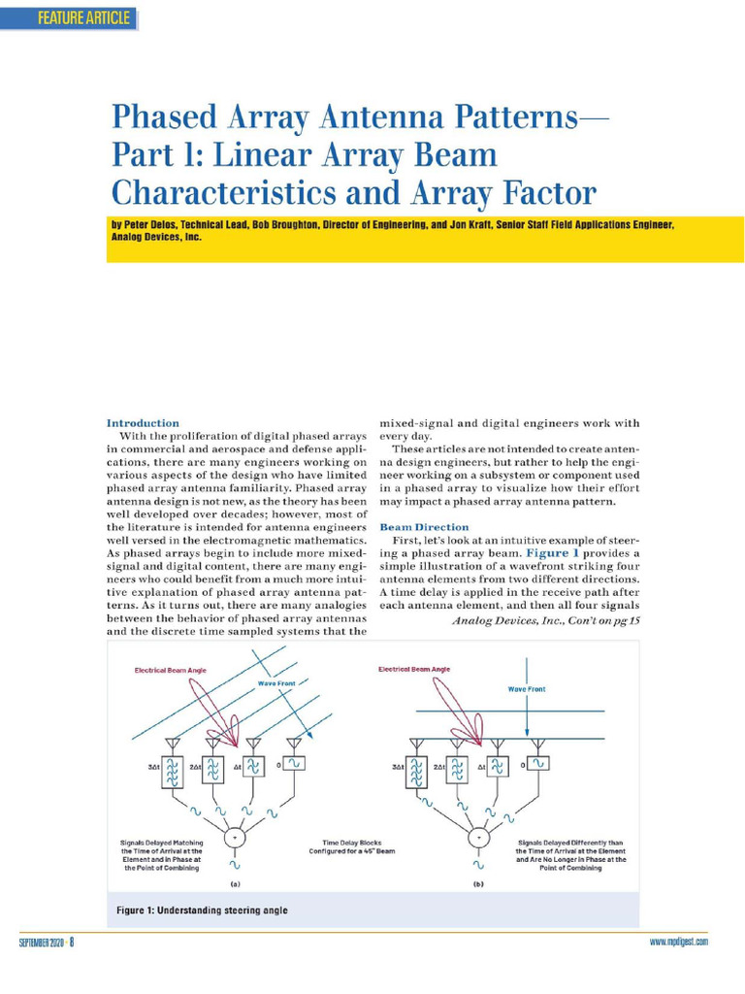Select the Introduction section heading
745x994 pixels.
[x=143, y=423]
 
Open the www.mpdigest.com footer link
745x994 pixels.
[x=678, y=942]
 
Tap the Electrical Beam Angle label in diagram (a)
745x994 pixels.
[x=170, y=670]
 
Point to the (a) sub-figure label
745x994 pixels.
[x=234, y=885]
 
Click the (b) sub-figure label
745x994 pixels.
[x=476, y=885]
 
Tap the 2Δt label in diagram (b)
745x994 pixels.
[x=437, y=766]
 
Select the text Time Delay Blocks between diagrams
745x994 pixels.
[x=354, y=844]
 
